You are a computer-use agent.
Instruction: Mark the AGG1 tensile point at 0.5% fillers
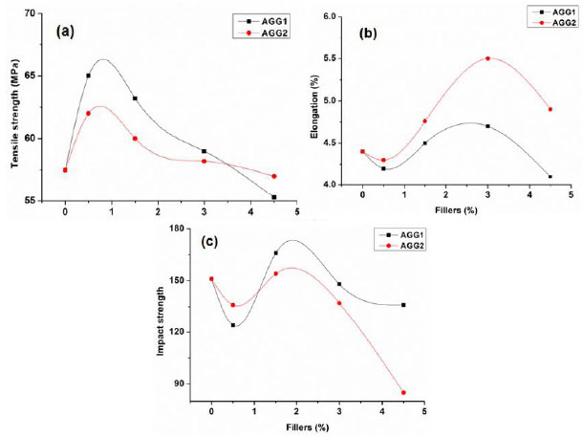click(89, 76)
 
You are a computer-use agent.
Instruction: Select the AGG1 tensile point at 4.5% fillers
click(274, 197)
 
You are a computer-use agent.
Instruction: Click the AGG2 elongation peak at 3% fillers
click(487, 58)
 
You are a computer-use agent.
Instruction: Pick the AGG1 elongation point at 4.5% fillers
click(551, 176)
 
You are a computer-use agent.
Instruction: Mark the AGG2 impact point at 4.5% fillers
click(403, 392)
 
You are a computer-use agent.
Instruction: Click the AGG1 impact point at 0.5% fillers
click(233, 325)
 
